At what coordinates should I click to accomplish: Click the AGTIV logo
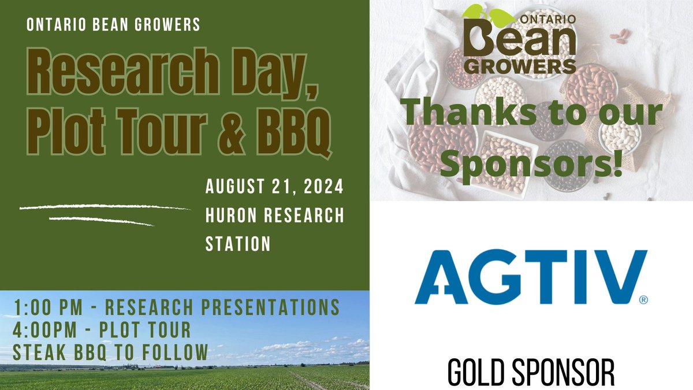point(530,277)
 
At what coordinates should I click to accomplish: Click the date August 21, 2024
point(274,188)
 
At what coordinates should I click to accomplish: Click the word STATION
point(238,244)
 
